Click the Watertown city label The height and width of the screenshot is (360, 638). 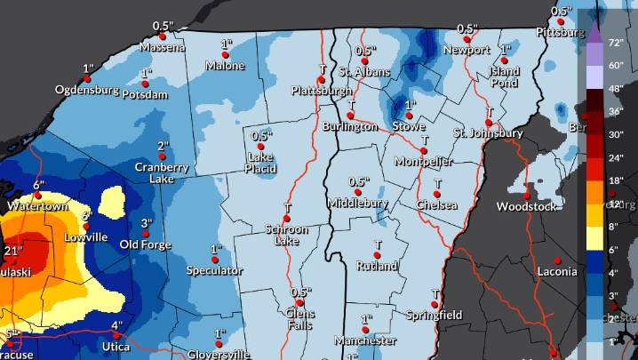pos(37,206)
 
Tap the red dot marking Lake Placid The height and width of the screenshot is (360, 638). pos(260,147)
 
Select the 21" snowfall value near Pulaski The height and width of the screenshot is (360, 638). pos(12,252)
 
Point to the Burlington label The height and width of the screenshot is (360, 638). pos(350,126)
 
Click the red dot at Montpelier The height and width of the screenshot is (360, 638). pos(424,151)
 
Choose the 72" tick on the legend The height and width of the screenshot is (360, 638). pos(614,43)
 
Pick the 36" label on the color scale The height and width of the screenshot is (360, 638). pos(614,111)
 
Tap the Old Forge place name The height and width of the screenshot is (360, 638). pos(145,244)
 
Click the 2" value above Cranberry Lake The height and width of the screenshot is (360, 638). pos(163,147)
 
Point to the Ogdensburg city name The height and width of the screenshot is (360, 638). pos(87,90)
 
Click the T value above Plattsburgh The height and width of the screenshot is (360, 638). pos(322,68)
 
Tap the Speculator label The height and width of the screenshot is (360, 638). pos(214,270)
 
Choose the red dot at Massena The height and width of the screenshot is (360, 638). pos(163,36)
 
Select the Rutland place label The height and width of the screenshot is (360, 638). pos(377,266)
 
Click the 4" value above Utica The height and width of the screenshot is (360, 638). pos(116,325)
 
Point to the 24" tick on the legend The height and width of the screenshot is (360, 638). pos(614,156)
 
